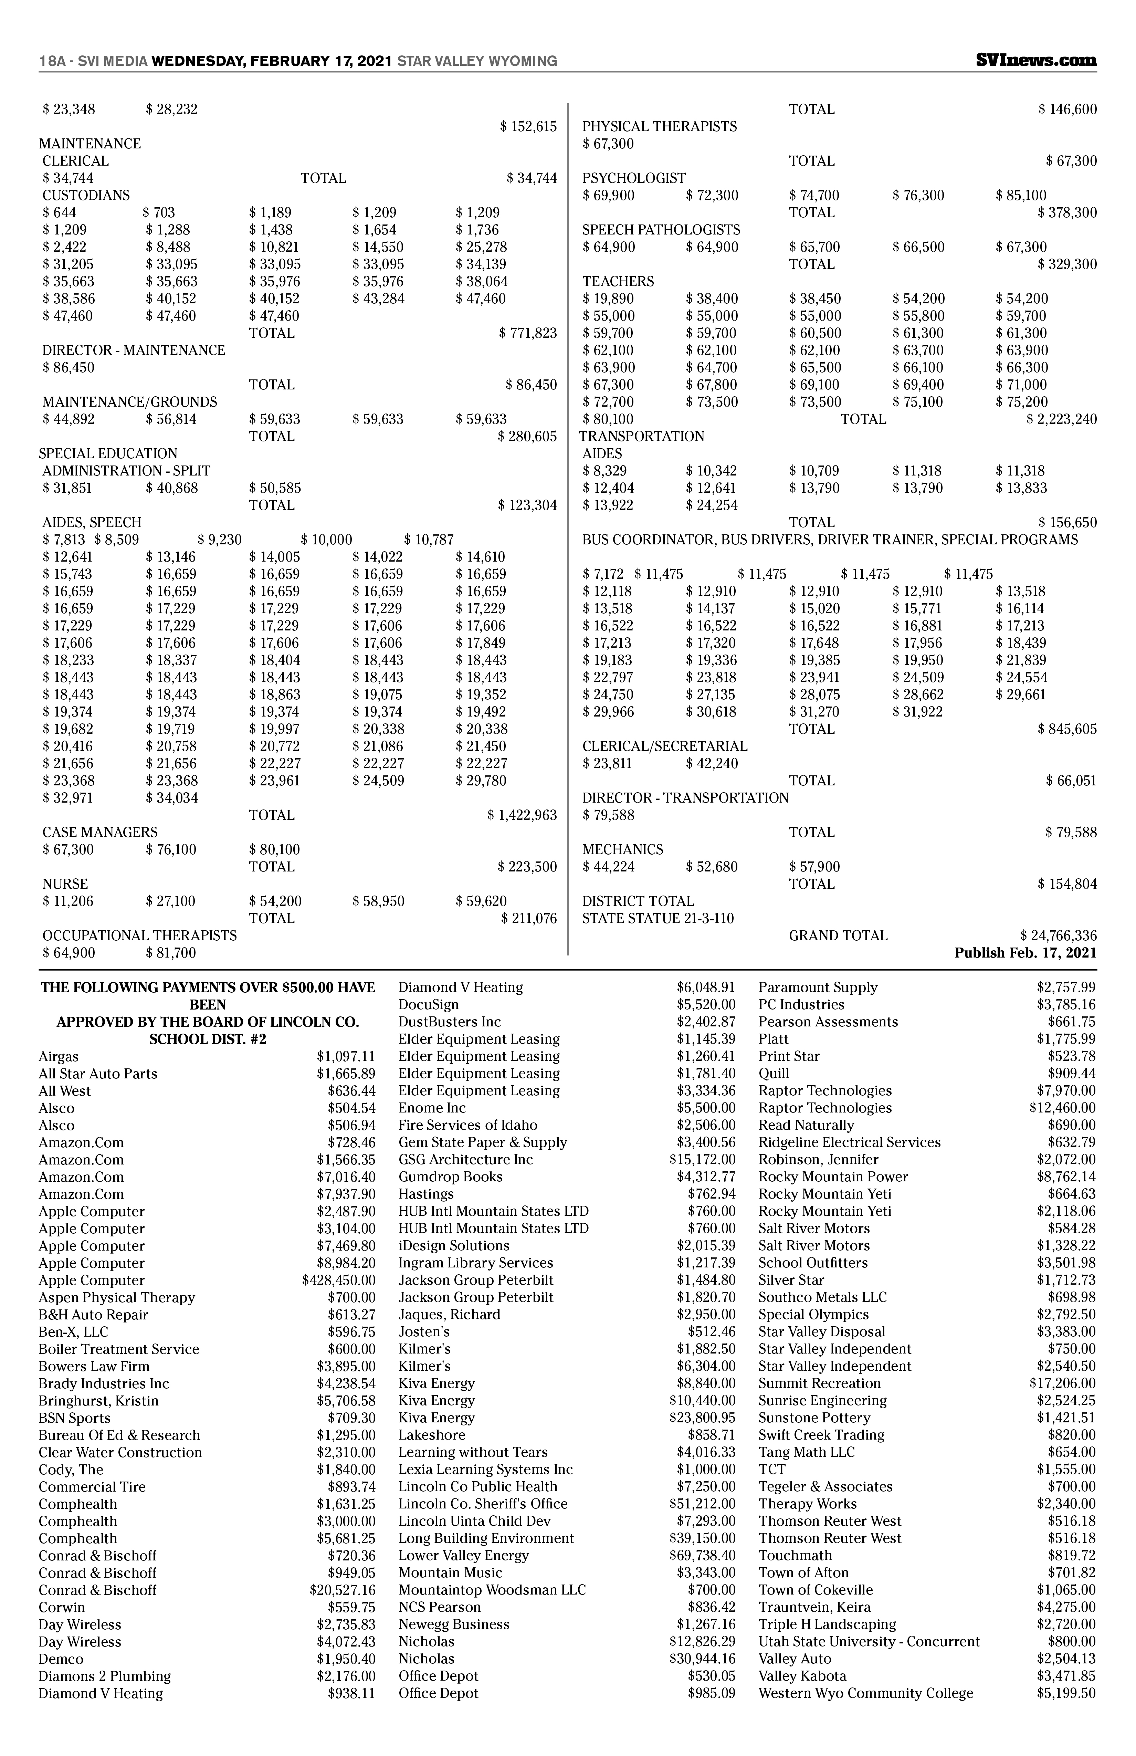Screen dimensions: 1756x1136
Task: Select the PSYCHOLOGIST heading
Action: pos(634,178)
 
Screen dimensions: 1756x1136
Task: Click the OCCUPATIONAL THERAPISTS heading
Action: pos(139,936)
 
